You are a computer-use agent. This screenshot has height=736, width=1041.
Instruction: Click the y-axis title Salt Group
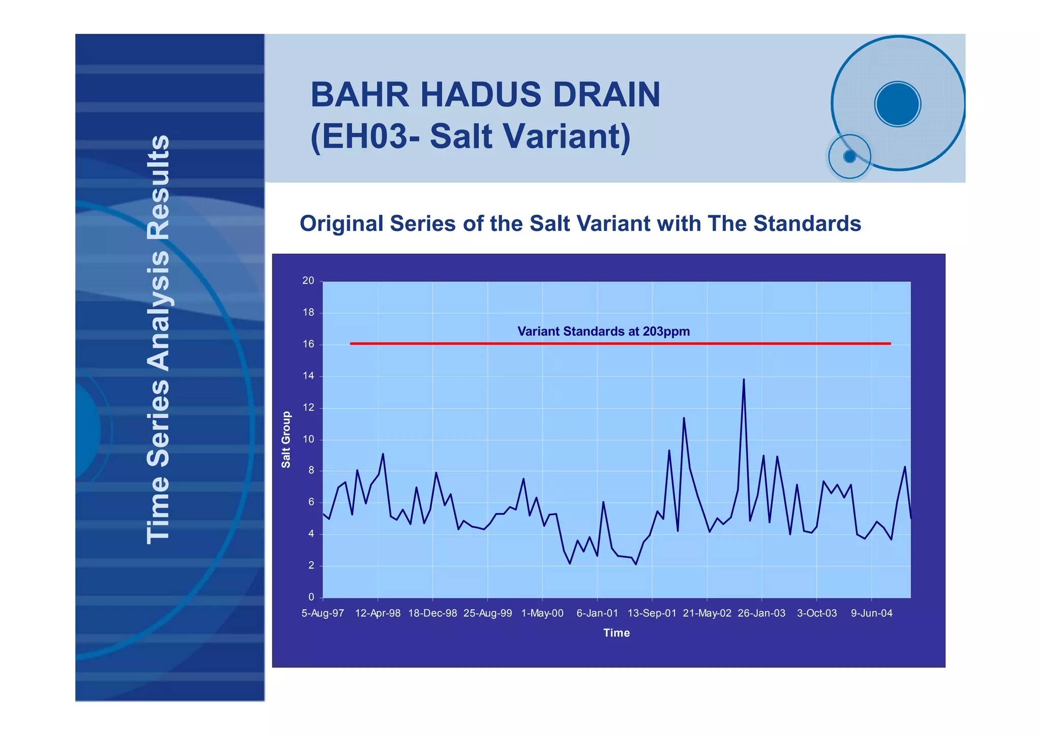pos(286,439)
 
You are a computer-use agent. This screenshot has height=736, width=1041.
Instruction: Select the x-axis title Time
pos(616,633)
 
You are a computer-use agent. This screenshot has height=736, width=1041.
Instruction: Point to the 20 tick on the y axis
pos(308,281)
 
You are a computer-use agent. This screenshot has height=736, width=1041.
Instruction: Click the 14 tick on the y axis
pos(308,376)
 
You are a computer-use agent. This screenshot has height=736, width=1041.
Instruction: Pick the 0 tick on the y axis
pos(311,597)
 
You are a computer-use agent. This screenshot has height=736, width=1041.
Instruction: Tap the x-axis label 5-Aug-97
pos(323,613)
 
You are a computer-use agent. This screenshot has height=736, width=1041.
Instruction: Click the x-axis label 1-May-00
pos(542,613)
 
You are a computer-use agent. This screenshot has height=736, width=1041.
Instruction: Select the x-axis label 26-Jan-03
pos(761,613)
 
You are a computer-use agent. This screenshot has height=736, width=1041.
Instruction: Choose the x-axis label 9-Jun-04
pos(871,613)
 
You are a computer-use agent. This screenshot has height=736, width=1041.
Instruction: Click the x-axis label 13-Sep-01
pos(652,613)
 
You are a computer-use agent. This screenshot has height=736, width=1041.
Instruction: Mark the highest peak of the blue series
pos(744,379)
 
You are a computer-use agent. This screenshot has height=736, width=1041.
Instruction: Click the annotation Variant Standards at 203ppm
pos(603,332)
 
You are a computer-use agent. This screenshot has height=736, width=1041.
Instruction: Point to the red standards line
pos(620,344)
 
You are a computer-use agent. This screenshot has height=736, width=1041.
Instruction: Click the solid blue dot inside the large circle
pos(898,104)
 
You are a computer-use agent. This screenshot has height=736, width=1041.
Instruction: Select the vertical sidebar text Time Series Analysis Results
pos(158,339)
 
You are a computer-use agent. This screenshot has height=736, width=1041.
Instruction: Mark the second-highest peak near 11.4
pos(684,419)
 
